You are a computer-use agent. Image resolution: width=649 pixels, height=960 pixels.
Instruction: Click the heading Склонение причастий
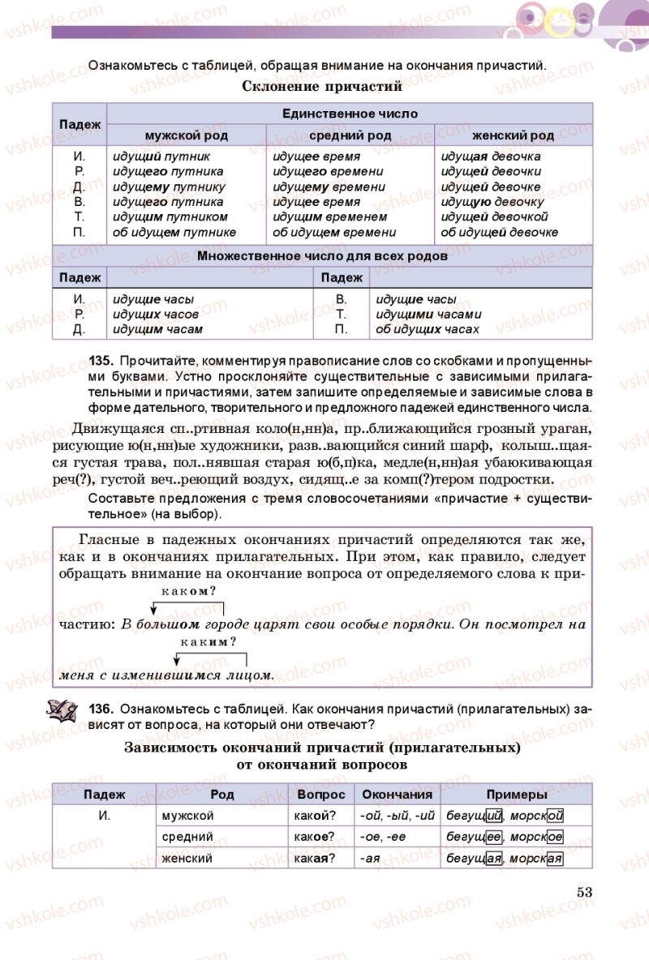click(x=323, y=86)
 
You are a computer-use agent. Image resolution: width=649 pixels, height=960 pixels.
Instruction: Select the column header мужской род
click(x=186, y=135)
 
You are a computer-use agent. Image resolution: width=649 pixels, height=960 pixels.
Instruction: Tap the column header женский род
click(x=513, y=135)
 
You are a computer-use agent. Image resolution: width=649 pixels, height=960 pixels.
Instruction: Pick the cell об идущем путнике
click(x=174, y=233)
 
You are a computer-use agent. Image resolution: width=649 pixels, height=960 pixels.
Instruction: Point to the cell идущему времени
click(x=329, y=186)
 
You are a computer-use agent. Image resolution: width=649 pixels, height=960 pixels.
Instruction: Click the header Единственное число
click(x=350, y=114)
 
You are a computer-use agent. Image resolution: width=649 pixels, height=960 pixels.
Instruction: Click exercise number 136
click(x=101, y=708)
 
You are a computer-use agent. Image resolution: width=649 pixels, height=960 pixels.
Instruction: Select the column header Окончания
click(x=397, y=795)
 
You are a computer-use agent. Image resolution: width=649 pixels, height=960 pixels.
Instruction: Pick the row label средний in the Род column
click(x=187, y=837)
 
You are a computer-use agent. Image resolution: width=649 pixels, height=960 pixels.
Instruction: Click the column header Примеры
click(x=516, y=795)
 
